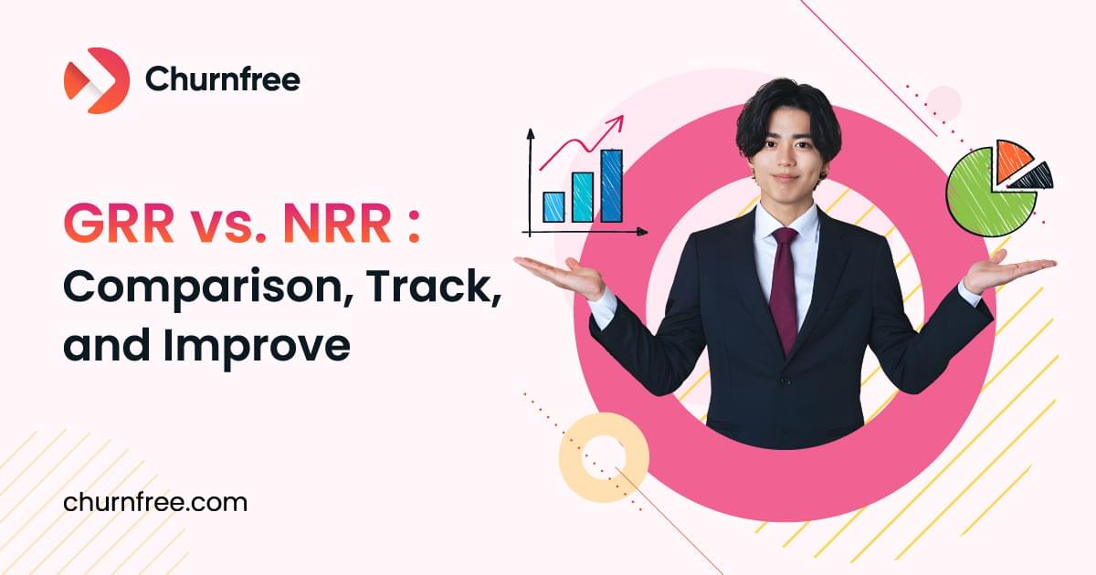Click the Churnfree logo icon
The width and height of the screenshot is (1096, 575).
tap(96, 80)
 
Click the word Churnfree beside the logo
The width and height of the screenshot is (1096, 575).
tap(222, 80)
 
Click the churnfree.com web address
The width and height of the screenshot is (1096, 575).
tap(155, 502)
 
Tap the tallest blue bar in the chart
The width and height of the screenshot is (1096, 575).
tap(611, 186)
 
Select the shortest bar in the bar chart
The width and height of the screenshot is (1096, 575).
tap(553, 206)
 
